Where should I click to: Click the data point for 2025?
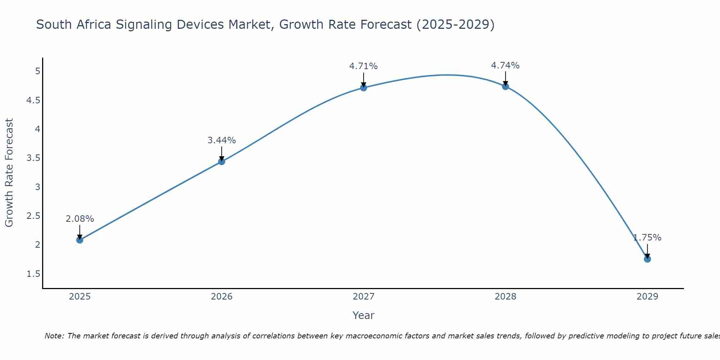[80, 240]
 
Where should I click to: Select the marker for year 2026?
[222, 162]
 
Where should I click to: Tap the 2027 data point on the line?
[364, 87]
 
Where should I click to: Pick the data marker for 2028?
[505, 86]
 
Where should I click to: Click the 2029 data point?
[647, 259]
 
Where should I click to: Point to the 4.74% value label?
[505, 66]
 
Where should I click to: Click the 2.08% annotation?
[80, 219]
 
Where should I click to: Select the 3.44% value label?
[222, 140]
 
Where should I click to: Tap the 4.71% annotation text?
[364, 66]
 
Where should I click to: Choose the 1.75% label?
[647, 238]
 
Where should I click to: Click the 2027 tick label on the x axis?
[364, 297]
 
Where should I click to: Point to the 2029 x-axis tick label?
[647, 297]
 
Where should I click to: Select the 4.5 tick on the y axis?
[33, 100]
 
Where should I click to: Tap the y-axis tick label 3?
[37, 187]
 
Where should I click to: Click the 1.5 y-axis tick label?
[33, 274]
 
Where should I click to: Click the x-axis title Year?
[364, 315]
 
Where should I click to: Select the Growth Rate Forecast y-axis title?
[9, 173]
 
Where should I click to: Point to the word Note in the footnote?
[54, 336]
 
